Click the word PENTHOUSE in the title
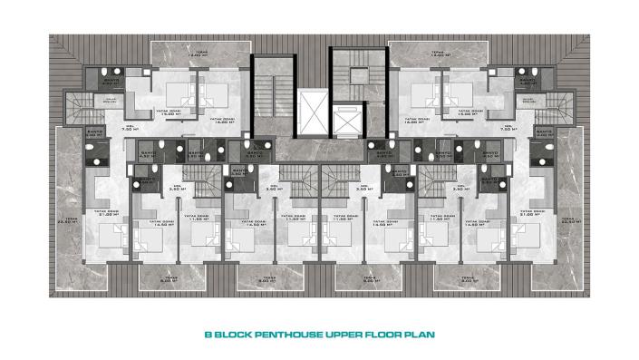coord(285,335)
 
